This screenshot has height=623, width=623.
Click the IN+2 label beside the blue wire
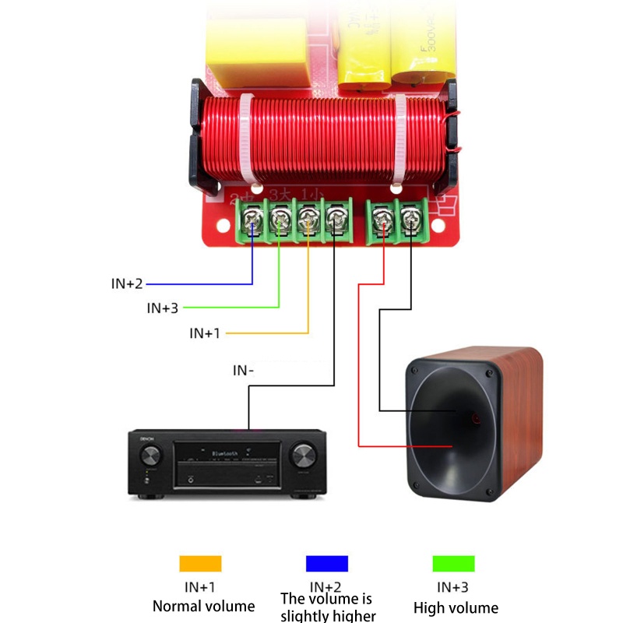[x=127, y=283]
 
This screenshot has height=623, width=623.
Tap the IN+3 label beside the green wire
[x=163, y=308]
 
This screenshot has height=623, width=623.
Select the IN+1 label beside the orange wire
[x=205, y=333]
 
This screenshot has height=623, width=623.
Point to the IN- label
[x=244, y=371]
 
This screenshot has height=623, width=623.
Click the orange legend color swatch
[x=200, y=563]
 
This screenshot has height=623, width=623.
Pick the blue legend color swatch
[x=326, y=563]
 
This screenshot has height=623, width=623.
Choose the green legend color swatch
[x=453, y=563]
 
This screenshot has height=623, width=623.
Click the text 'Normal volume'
[x=203, y=606]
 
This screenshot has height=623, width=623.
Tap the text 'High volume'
[x=456, y=607]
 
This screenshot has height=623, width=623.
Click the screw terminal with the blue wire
[x=252, y=219]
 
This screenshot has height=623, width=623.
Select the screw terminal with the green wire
[x=280, y=219]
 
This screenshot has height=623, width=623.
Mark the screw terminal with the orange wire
[x=308, y=219]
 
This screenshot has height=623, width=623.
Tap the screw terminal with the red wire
[x=382, y=219]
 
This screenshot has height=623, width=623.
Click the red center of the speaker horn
[x=476, y=420]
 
